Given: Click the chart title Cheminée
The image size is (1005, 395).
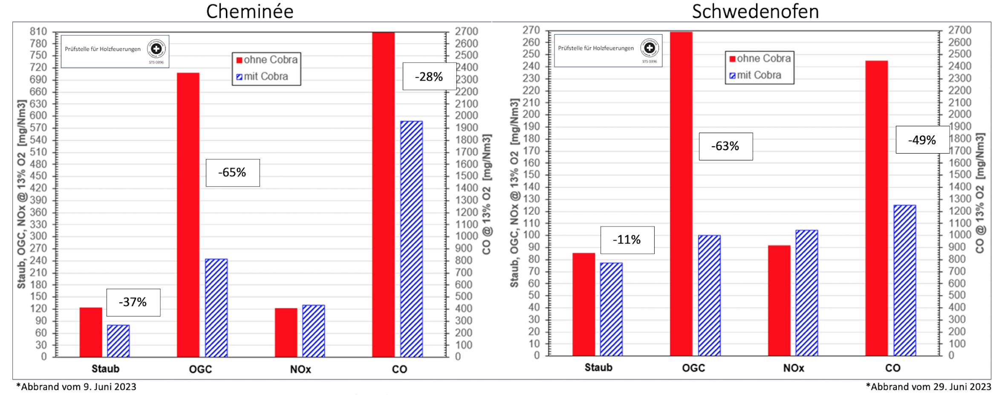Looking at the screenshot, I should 250,12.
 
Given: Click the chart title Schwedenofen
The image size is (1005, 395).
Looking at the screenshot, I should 755,12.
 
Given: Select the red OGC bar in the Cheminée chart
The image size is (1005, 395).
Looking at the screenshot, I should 188,213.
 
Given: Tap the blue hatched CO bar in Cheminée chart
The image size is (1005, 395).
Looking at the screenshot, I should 411,239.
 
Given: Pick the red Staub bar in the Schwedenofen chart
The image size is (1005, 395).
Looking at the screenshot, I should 583,304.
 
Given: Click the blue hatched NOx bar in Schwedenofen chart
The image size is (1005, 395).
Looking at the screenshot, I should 806,293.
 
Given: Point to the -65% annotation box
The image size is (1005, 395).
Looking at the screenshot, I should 233,173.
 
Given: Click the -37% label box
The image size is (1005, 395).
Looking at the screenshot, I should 133,302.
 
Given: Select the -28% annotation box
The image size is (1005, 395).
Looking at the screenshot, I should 429,77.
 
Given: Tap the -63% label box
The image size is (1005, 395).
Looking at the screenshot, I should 725,146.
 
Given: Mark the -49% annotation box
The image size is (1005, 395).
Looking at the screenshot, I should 922,140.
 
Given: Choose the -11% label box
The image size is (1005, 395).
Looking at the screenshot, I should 627,240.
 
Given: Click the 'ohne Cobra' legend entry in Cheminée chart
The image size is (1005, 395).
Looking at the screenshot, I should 267,60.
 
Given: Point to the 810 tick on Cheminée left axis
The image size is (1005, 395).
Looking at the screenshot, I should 38,32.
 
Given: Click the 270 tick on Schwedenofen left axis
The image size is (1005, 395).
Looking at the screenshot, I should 531,30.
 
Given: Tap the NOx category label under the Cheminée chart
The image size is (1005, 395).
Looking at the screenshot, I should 300,369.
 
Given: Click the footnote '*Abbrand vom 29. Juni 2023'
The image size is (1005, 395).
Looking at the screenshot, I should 928,387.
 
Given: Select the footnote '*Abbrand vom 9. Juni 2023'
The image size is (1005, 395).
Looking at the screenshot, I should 76,387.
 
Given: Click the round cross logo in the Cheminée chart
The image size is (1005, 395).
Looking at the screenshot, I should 156,49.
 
